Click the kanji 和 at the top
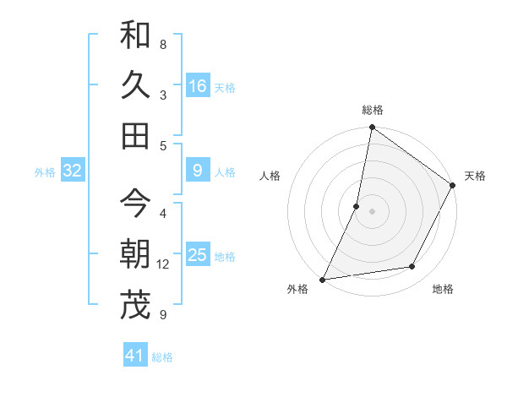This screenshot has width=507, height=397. coord(136,35)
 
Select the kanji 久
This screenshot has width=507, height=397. coord(136,85)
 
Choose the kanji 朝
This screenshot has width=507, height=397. coord(136,254)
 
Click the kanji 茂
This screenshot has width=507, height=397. coord(136,306)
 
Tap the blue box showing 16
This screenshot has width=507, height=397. coord(197,86)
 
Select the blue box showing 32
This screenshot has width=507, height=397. coord(72,171)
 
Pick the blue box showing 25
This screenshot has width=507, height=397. coord(197,255)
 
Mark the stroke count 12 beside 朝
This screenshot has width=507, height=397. coord(163,264)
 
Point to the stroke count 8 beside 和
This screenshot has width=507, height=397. coord(162,44)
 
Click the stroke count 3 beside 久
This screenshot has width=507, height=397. coord(162,95)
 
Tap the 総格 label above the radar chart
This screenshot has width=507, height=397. coord(373,110)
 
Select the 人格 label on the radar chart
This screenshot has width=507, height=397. coord(270,176)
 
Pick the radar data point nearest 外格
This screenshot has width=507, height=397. coord(323,280)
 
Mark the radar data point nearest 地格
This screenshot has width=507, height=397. coord(412,267)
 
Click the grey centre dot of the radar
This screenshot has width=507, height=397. coord(372,211)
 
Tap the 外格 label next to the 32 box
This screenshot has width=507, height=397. coord(45,172)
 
